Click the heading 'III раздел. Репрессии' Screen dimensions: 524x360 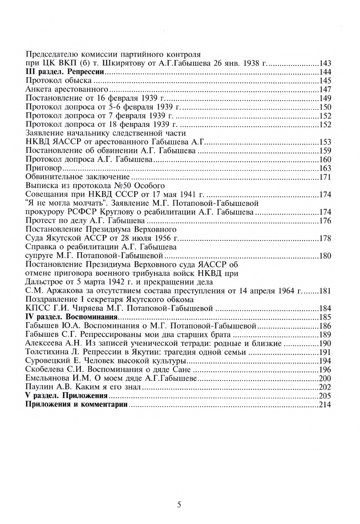coord(65,72)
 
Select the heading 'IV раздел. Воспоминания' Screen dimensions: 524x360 coord(71,317)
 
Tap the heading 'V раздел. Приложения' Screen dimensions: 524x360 coord(66,396)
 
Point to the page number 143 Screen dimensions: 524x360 coord(325,63)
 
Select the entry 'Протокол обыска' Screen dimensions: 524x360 coord(59,80)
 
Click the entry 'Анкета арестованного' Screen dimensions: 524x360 coord(67,89)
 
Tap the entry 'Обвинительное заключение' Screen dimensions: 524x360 coord(78,177)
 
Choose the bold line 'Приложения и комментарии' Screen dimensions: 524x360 coord(77,404)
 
